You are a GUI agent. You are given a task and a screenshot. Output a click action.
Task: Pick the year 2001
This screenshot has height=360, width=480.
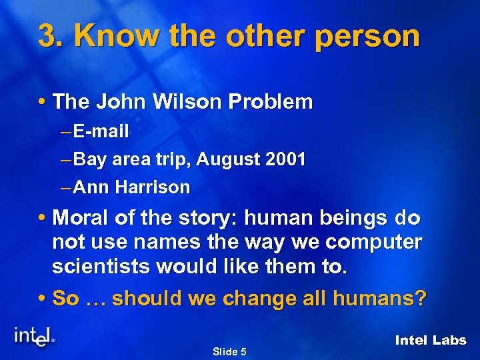tap(285, 160)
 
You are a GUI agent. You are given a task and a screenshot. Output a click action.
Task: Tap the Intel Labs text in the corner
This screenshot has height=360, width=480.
tap(431, 340)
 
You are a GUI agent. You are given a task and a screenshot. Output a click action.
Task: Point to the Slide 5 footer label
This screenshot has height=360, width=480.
tap(229, 351)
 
